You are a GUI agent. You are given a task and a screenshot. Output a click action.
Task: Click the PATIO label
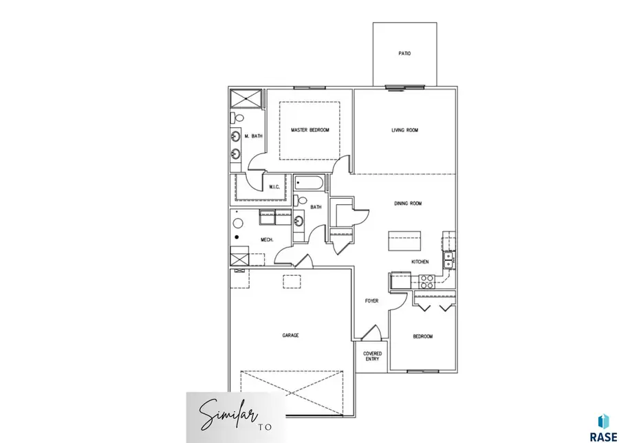click(404, 53)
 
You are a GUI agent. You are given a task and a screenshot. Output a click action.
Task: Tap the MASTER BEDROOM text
click(309, 130)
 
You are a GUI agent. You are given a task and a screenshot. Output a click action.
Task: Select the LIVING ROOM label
click(404, 130)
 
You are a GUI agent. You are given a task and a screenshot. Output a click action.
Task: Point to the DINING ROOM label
click(407, 204)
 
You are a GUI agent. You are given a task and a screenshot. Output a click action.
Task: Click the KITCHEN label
click(420, 262)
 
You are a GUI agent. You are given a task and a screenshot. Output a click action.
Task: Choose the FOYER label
click(371, 301)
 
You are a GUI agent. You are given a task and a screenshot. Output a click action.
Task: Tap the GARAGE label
click(290, 335)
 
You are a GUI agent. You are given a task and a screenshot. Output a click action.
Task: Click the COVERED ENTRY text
click(372, 356)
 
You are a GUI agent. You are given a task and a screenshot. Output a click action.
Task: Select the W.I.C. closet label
click(273, 186)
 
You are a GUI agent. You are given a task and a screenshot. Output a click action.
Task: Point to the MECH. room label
click(267, 239)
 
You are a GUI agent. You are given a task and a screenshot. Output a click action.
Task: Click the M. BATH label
click(253, 136)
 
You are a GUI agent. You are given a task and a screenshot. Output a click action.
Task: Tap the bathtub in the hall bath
click(312, 184)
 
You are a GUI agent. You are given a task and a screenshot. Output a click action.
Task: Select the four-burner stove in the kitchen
click(427, 281)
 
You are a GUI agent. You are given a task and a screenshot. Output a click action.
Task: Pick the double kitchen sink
click(448, 259)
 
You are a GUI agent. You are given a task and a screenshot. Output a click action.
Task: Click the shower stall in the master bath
click(246, 98)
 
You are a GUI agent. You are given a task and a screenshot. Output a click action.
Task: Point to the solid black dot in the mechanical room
click(237, 237)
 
